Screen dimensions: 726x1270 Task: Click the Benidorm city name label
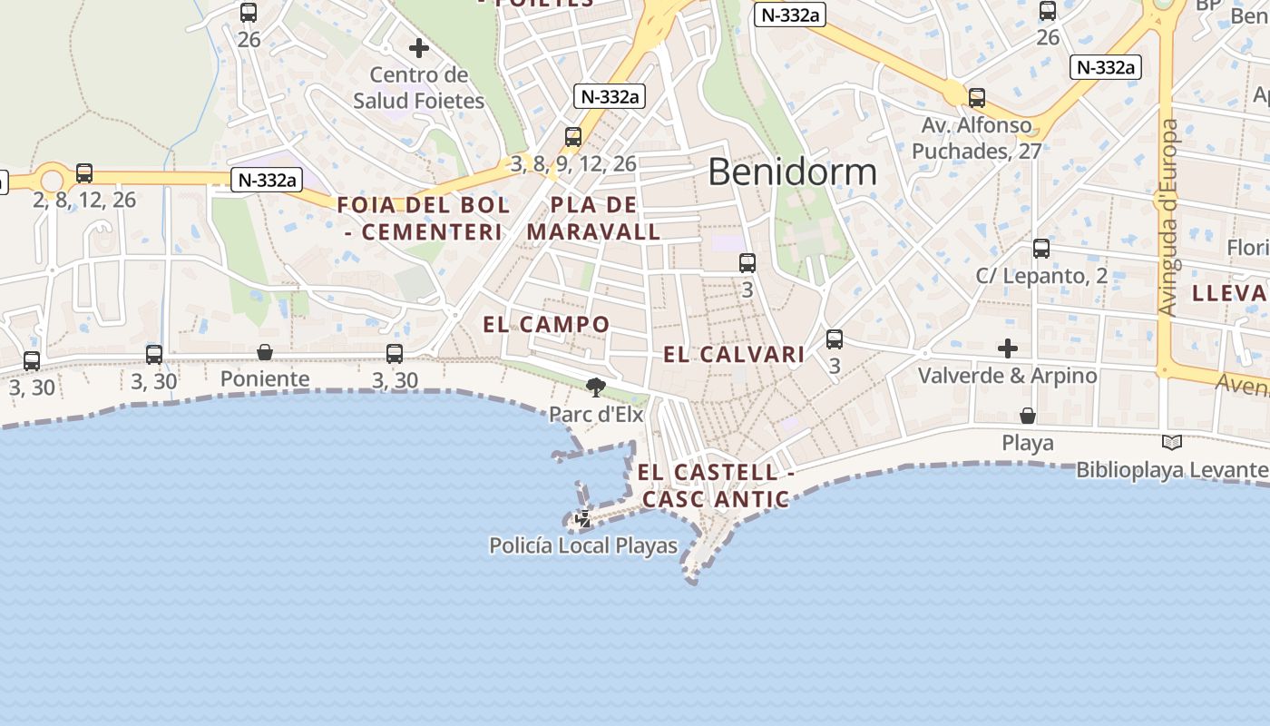click(x=792, y=172)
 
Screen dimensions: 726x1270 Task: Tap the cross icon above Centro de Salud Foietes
click(x=418, y=48)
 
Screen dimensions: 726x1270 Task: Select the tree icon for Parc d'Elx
click(x=596, y=388)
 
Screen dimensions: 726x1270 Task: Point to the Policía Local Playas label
click(x=583, y=545)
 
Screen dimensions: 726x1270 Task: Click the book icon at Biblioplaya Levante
click(x=1172, y=443)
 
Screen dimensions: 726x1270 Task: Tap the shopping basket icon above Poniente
click(x=265, y=352)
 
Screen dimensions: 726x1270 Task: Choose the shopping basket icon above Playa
click(x=1028, y=416)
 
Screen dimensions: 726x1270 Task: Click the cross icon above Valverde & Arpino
click(x=1007, y=348)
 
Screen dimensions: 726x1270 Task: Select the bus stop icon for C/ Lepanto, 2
click(x=1041, y=249)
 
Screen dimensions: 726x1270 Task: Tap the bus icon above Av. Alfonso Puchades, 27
click(x=977, y=98)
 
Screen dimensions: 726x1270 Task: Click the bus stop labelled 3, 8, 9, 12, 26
click(x=573, y=137)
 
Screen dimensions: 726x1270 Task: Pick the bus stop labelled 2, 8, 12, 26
click(x=84, y=172)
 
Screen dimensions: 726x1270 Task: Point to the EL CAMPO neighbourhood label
click(x=546, y=324)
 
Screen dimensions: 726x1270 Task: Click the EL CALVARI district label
click(x=734, y=355)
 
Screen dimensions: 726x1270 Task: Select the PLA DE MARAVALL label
click(x=594, y=218)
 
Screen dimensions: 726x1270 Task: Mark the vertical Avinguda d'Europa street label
click(x=1169, y=218)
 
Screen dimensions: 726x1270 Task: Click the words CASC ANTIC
click(x=716, y=500)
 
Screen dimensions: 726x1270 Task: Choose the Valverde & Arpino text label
click(x=1007, y=375)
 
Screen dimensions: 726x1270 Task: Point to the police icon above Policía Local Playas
click(x=584, y=520)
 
